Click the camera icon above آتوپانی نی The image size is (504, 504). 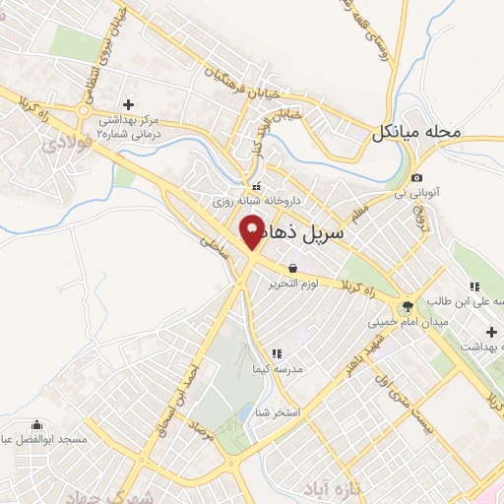(x=416, y=177)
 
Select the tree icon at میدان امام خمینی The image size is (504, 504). (x=408, y=305)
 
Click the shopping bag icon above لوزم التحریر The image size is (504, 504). (x=292, y=267)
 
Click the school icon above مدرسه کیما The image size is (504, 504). (x=277, y=352)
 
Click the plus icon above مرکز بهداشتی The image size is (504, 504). (x=127, y=103)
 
